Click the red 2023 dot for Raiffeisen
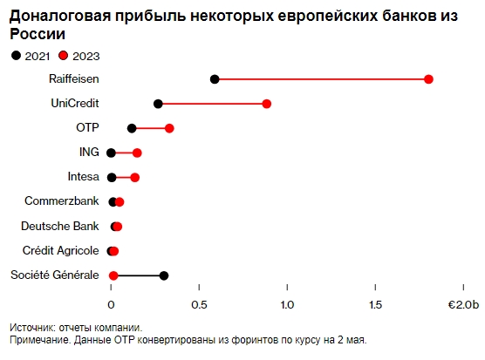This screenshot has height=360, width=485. pyautogui.click(x=428, y=79)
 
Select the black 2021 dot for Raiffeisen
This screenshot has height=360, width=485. pyautogui.click(x=215, y=79)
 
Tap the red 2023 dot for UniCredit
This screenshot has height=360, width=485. pyautogui.click(x=267, y=104)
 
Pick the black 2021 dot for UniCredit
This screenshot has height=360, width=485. pyautogui.click(x=158, y=104)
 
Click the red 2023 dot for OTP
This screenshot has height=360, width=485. pyautogui.click(x=169, y=128)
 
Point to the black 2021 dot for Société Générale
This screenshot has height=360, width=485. pyautogui.click(x=164, y=275)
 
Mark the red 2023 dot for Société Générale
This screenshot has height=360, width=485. pyautogui.click(x=113, y=275)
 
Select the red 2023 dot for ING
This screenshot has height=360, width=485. pyautogui.click(x=137, y=153)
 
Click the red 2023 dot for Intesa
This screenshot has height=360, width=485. pyautogui.click(x=134, y=177)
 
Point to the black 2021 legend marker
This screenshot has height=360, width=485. pyautogui.click(x=15, y=56)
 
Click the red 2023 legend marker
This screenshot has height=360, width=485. pyautogui.click(x=63, y=56)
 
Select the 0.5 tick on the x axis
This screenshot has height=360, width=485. pyautogui.click(x=200, y=304)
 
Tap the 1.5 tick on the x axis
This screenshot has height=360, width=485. pyautogui.click(x=375, y=304)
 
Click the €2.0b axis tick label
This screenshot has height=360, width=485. pyautogui.click(x=463, y=304)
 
